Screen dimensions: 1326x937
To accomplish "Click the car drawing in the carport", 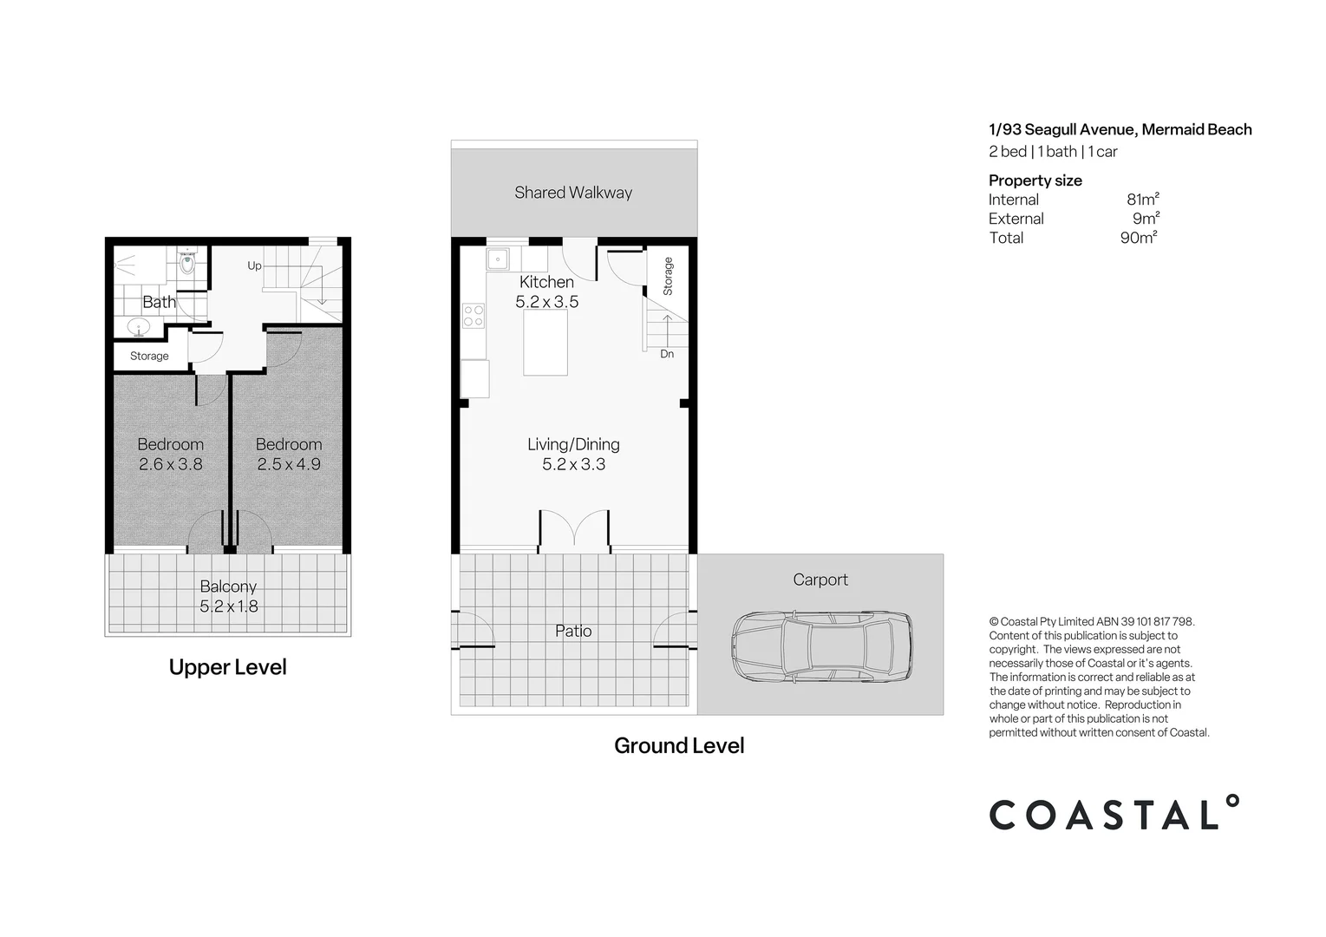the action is (x=821, y=646).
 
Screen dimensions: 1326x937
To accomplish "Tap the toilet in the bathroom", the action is (x=187, y=261).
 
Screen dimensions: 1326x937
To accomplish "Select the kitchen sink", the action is (x=498, y=259).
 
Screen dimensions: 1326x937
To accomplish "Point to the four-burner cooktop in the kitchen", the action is (x=473, y=316).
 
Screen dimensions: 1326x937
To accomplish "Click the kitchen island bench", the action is (x=545, y=343).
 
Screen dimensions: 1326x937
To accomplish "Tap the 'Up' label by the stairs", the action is (x=255, y=266).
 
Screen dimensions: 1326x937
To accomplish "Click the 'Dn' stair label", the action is (x=667, y=354).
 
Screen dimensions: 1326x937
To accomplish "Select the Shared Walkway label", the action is (x=573, y=193).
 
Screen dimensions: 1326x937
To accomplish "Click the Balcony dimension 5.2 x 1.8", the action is (x=228, y=606).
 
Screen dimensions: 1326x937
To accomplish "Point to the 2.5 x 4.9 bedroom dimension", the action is (x=289, y=464).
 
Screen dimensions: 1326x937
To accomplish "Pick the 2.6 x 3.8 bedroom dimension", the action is (x=171, y=464).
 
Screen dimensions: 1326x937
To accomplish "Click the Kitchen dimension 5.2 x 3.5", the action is (x=546, y=302).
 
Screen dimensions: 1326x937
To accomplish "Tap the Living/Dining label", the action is (x=573, y=444).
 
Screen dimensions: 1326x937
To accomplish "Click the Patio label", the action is (x=573, y=632).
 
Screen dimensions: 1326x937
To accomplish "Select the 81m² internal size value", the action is (x=1142, y=199).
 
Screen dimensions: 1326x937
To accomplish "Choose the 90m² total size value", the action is (x=1139, y=238).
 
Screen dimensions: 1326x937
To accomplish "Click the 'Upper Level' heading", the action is (x=228, y=667).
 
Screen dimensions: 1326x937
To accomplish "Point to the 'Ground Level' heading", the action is (x=679, y=745).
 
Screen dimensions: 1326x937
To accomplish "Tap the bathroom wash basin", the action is (x=139, y=327).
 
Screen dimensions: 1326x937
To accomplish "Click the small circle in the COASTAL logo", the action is (x=1231, y=802).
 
